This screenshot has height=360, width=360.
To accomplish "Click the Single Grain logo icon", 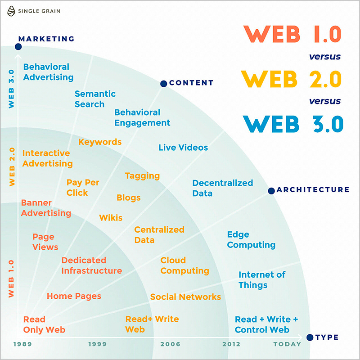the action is (11, 11).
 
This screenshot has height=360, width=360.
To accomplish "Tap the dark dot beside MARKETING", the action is (18, 47).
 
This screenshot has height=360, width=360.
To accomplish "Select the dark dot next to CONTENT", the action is (163, 84).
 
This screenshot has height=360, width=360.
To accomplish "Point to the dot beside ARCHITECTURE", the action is (271, 190).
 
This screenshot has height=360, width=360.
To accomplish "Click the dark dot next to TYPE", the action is (310, 337).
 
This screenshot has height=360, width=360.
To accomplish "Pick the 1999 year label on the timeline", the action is (98, 344).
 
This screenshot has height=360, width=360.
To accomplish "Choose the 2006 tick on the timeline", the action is (170, 344).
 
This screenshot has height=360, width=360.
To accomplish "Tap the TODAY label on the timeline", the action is (287, 344).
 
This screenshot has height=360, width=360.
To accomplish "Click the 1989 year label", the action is (22, 344).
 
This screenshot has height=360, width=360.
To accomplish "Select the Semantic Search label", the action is (95, 99).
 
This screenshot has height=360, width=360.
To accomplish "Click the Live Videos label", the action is (183, 148).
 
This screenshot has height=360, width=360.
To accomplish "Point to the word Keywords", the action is (100, 142).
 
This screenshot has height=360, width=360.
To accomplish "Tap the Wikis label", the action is (111, 218).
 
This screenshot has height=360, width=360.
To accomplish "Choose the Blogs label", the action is (129, 198).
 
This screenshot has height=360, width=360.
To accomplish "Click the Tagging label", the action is (142, 176).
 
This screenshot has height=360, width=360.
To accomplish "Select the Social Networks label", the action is (185, 297).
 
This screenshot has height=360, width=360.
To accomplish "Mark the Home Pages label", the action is (74, 296).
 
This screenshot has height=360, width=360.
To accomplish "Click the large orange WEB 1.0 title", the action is (292, 34).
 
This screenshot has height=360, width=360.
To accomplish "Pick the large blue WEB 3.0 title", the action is (293, 124).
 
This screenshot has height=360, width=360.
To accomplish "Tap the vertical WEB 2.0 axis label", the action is (12, 166).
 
